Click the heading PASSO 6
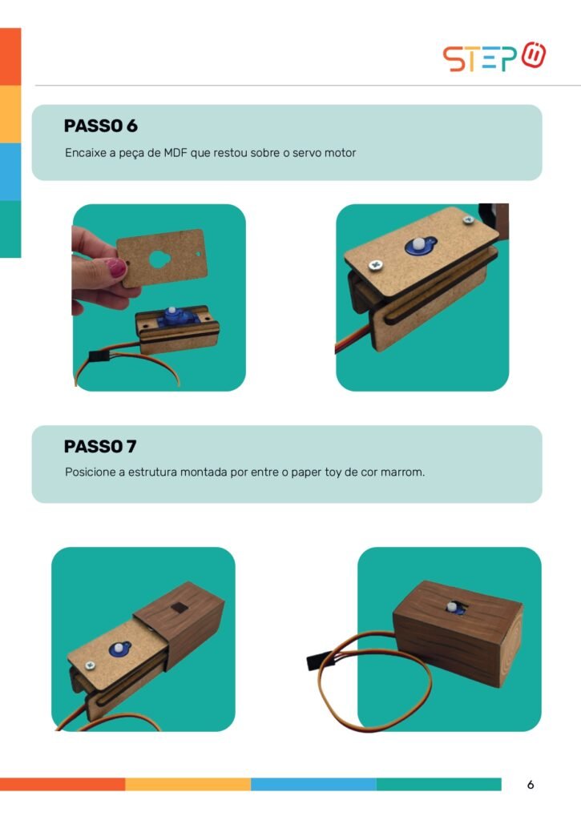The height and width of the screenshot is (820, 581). (100, 126)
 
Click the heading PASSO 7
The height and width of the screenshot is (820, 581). (100, 447)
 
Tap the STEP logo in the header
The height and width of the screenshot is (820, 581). (494, 57)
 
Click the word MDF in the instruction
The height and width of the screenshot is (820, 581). (176, 153)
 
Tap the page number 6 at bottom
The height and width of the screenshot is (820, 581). (531, 785)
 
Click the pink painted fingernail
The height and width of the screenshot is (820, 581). (115, 267)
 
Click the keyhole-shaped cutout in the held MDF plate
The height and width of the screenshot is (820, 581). (159, 259)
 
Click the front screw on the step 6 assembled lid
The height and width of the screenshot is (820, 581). (376, 265)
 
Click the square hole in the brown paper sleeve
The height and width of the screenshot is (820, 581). (179, 607)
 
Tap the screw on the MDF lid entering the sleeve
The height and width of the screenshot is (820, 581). (90, 665)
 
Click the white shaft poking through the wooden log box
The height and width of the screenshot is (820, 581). (452, 607)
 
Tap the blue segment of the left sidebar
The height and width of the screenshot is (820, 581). (10, 171)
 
